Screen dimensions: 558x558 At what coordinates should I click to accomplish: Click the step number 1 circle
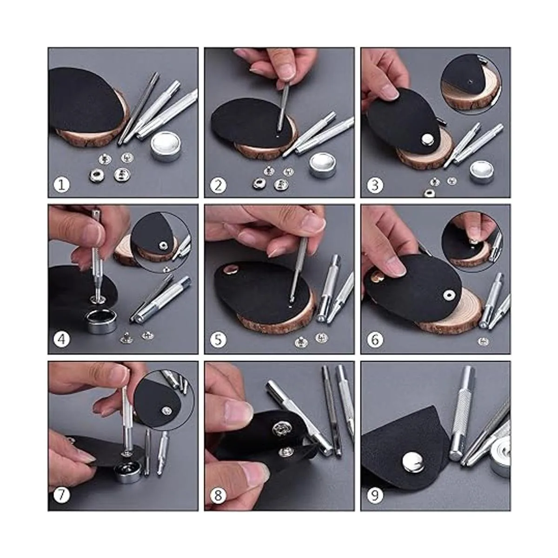(62, 185)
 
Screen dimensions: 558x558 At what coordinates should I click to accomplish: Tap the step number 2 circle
(218, 185)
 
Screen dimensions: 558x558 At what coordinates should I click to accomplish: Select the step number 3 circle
(375, 185)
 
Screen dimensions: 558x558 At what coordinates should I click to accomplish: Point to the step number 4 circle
(62, 339)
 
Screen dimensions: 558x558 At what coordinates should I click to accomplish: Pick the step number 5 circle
(218, 339)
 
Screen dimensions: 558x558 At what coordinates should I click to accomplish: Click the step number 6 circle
(375, 339)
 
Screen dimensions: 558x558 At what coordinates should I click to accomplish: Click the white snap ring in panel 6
(449, 295)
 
